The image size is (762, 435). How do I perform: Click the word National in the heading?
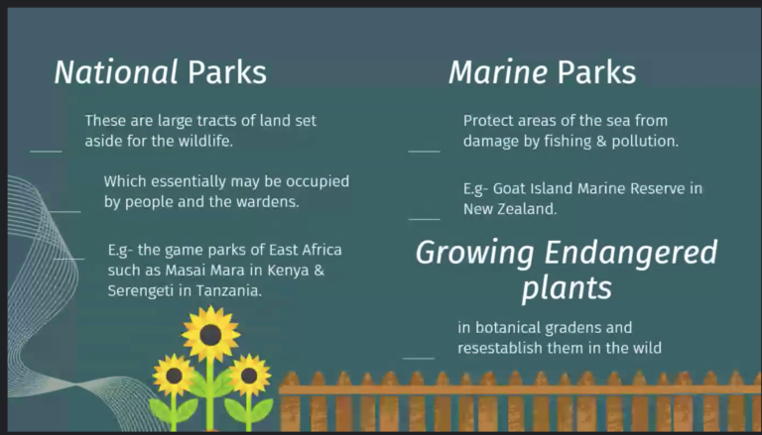tap(116, 72)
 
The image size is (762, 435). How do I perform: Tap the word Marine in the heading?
tap(498, 72)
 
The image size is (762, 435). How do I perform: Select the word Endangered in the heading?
tap(631, 253)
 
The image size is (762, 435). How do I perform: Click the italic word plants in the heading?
tap(567, 288)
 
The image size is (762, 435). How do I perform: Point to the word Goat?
tap(509, 188)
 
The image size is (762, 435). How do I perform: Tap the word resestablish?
tap(500, 348)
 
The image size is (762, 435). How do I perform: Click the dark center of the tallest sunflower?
tap(210, 335)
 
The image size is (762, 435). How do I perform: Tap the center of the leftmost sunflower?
tap(174, 376)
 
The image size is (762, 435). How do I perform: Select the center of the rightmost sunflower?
tap(249, 376)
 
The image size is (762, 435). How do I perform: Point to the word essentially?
tap(189, 182)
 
